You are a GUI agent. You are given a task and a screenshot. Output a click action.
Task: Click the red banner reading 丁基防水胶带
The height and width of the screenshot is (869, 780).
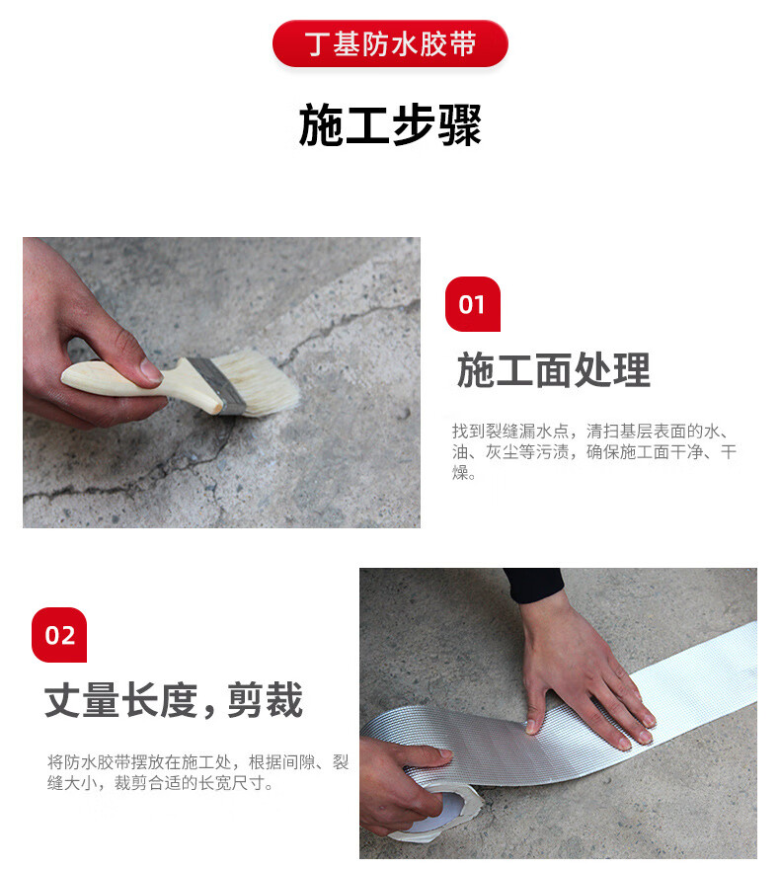click(x=390, y=43)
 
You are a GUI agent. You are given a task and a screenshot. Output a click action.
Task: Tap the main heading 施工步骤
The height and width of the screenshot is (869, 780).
click(x=390, y=125)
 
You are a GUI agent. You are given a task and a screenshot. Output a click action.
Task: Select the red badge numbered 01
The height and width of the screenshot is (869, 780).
click(x=473, y=304)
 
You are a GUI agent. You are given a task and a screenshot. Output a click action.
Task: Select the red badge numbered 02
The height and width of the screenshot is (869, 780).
click(x=59, y=635)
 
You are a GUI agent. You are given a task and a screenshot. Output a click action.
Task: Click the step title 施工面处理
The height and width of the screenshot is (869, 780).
click(x=554, y=369)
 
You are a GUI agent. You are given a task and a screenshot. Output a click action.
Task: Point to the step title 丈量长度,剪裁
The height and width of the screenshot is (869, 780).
click(x=174, y=700)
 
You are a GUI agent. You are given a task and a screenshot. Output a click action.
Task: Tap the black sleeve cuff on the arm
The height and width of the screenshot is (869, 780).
click(x=534, y=586)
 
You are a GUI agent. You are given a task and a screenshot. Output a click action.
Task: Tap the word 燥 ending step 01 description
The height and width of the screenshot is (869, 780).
click(x=460, y=473)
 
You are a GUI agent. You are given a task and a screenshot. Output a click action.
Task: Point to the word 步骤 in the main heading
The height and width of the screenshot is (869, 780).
click(x=436, y=125)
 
